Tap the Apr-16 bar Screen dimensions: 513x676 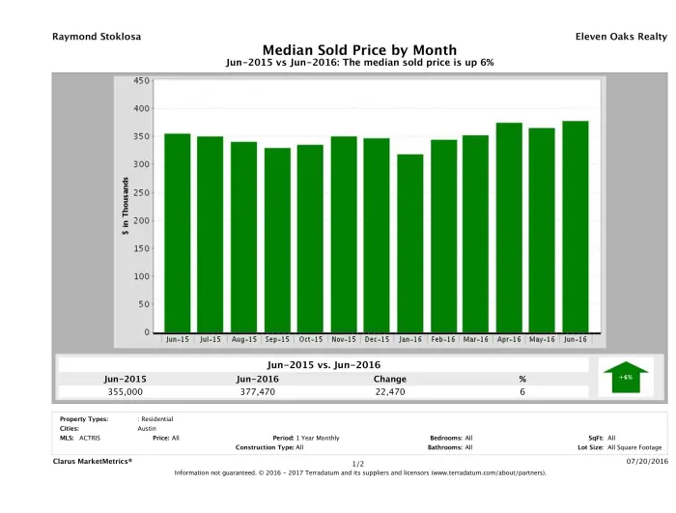coord(509,228)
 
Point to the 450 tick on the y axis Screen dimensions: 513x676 coord(142,81)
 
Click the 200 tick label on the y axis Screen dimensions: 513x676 coord(142,220)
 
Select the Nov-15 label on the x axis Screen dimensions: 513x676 coord(345,340)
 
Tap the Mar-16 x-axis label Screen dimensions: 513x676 coord(476,340)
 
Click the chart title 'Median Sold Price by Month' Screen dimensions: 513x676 coord(359,49)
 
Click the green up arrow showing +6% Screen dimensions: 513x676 coord(625,378)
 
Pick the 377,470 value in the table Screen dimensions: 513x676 coord(258,392)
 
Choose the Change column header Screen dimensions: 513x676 coord(389,378)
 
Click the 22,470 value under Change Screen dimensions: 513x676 coord(389,392)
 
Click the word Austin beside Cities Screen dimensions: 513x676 coord(148,428)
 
